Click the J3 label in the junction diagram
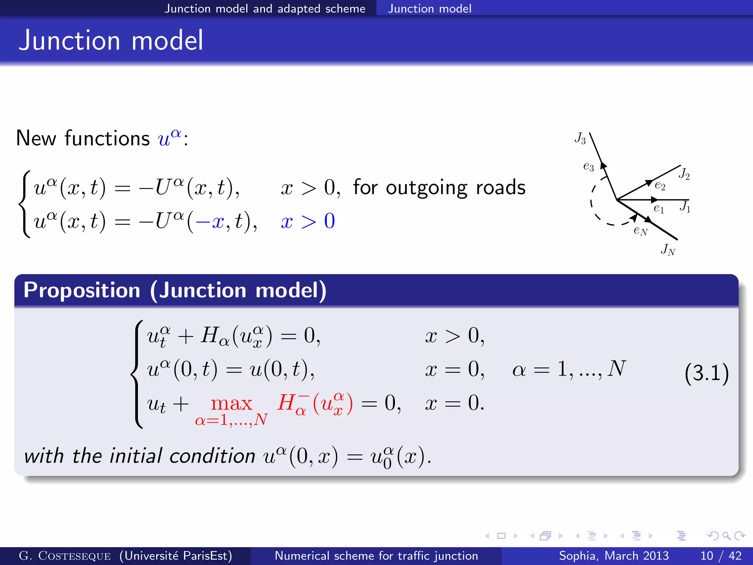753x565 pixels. click(580, 139)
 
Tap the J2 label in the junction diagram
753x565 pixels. click(684, 173)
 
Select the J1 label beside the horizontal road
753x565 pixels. click(685, 206)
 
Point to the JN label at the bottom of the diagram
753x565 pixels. click(668, 250)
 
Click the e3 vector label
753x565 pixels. click(588, 167)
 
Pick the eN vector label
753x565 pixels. click(640, 231)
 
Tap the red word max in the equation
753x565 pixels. click(231, 404)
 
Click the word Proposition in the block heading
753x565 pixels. click(82, 290)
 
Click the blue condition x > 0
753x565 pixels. click(308, 221)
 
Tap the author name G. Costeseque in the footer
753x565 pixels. click(65, 555)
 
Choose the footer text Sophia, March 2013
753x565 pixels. click(614, 555)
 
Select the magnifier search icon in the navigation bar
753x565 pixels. click(726, 536)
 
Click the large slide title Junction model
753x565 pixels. click(111, 40)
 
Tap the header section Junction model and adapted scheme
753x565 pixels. click(265, 8)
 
